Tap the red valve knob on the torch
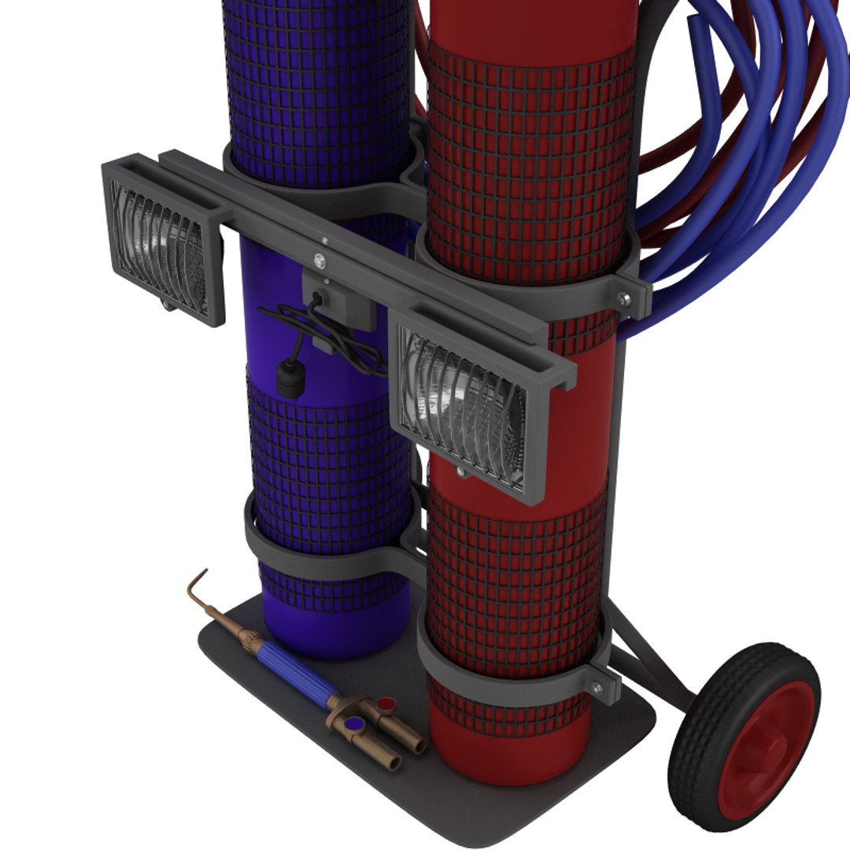coord(386,702)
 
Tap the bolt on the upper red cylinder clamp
coord(624,297)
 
